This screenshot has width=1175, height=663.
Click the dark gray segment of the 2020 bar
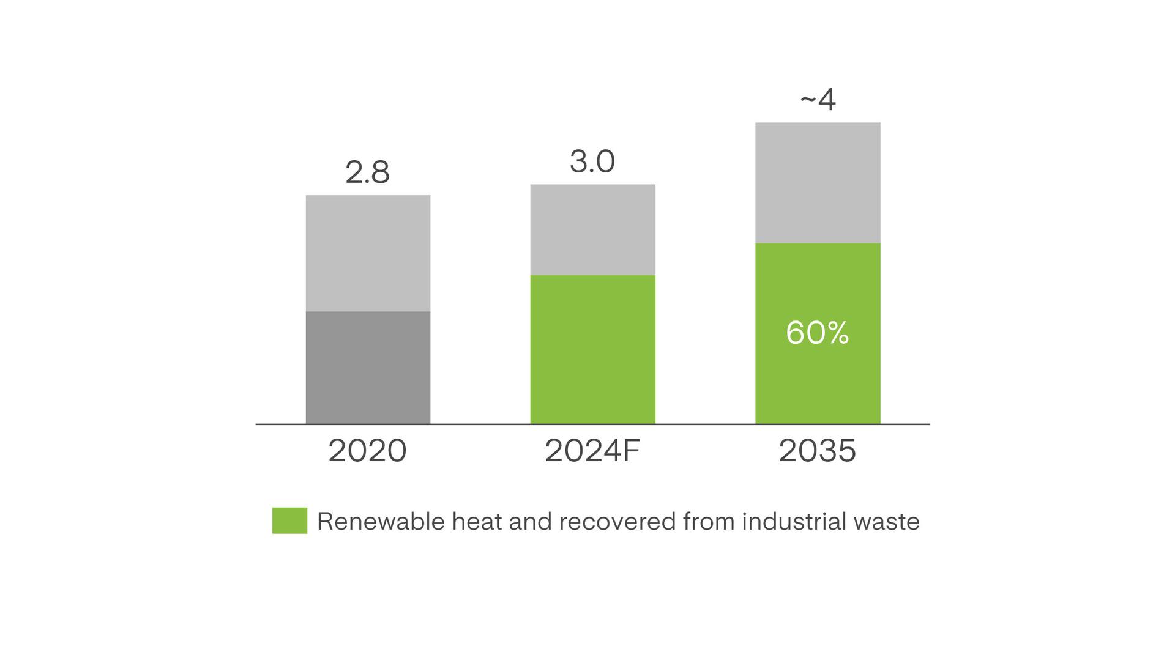[x=368, y=367]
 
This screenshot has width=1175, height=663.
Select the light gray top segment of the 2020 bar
[x=368, y=253]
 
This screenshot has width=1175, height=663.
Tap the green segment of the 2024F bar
[x=592, y=349]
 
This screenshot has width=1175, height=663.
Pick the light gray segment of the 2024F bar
[x=592, y=229]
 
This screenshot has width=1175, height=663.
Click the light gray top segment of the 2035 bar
[x=818, y=183]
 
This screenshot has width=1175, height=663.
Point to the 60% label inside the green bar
[x=818, y=333]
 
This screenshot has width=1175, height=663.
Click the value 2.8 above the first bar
[x=367, y=172]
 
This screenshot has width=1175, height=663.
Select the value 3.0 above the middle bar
[x=592, y=161]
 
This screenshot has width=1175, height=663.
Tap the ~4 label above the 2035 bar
[x=818, y=100]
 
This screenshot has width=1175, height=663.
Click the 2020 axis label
[x=367, y=451]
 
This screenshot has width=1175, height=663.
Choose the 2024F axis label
[x=592, y=451]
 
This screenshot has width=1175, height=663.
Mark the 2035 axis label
[x=817, y=451]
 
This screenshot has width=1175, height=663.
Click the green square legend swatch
[x=289, y=520]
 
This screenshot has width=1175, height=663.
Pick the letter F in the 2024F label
[x=632, y=451]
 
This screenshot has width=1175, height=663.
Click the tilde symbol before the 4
[x=808, y=98]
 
